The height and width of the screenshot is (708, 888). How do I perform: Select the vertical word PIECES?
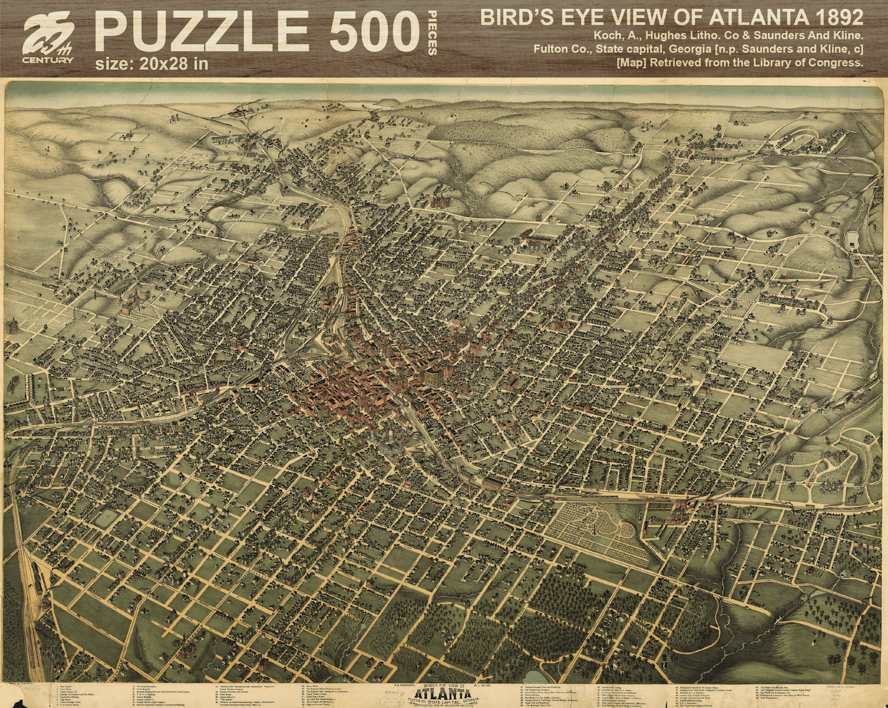433,33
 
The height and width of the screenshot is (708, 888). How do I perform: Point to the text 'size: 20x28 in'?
151,64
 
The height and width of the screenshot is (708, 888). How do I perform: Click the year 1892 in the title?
833,17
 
